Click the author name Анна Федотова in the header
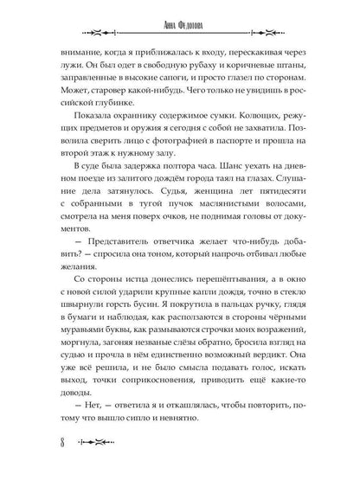pos(180,23)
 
